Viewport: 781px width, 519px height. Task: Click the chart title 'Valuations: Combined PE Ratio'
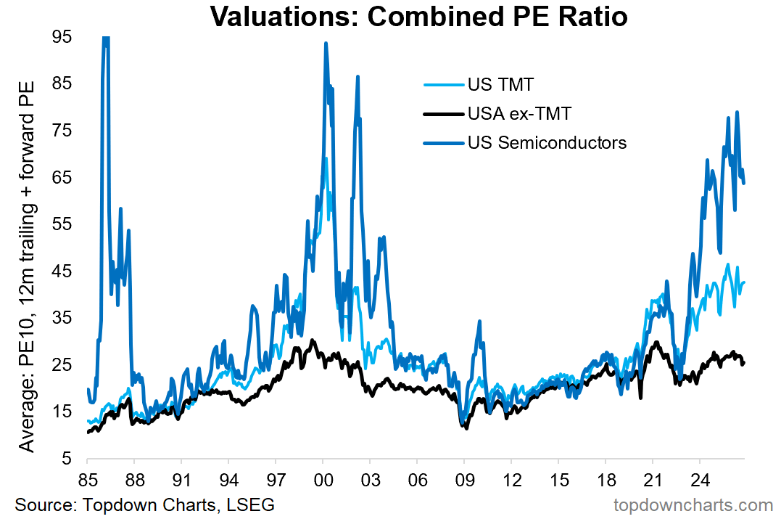[x=418, y=16]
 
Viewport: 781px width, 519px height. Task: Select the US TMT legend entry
[x=478, y=84]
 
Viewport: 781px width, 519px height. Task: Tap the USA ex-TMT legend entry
[x=497, y=114]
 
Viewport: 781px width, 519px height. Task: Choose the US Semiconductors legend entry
[x=525, y=142]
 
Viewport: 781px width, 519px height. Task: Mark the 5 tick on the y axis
[x=67, y=458]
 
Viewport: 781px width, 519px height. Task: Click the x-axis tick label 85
[x=88, y=480]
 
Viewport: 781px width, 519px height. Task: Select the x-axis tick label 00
[x=323, y=480]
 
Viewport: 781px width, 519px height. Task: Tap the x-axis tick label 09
[x=465, y=480]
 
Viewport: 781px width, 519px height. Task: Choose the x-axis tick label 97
[x=276, y=480]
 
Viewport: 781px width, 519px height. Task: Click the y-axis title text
[x=27, y=266]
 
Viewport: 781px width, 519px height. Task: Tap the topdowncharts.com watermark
[x=693, y=505]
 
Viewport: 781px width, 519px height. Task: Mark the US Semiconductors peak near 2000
[x=326, y=44]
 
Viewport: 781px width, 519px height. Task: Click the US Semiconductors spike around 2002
[x=358, y=77]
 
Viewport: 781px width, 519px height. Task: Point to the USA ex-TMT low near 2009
[x=466, y=428]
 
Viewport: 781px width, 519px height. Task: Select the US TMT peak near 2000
[x=326, y=158]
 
